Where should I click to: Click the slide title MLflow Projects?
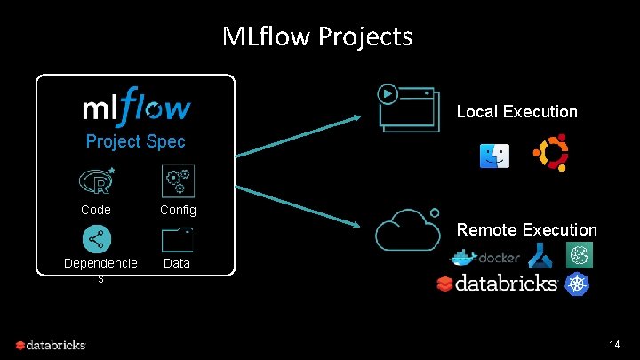coord(317,36)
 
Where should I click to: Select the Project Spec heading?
coord(135,142)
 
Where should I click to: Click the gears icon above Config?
coord(177,180)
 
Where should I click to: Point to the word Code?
coord(95,211)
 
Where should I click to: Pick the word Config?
coord(178,211)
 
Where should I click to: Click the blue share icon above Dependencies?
coord(96,239)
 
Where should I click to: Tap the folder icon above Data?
coord(178,240)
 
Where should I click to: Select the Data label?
coord(177,263)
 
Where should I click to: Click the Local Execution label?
coord(516,112)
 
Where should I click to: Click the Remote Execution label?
coord(526,230)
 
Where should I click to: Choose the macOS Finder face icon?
coord(494,156)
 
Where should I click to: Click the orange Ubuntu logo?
coord(550,154)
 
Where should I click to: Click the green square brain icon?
coord(580,255)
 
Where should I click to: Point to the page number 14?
coord(614,344)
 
